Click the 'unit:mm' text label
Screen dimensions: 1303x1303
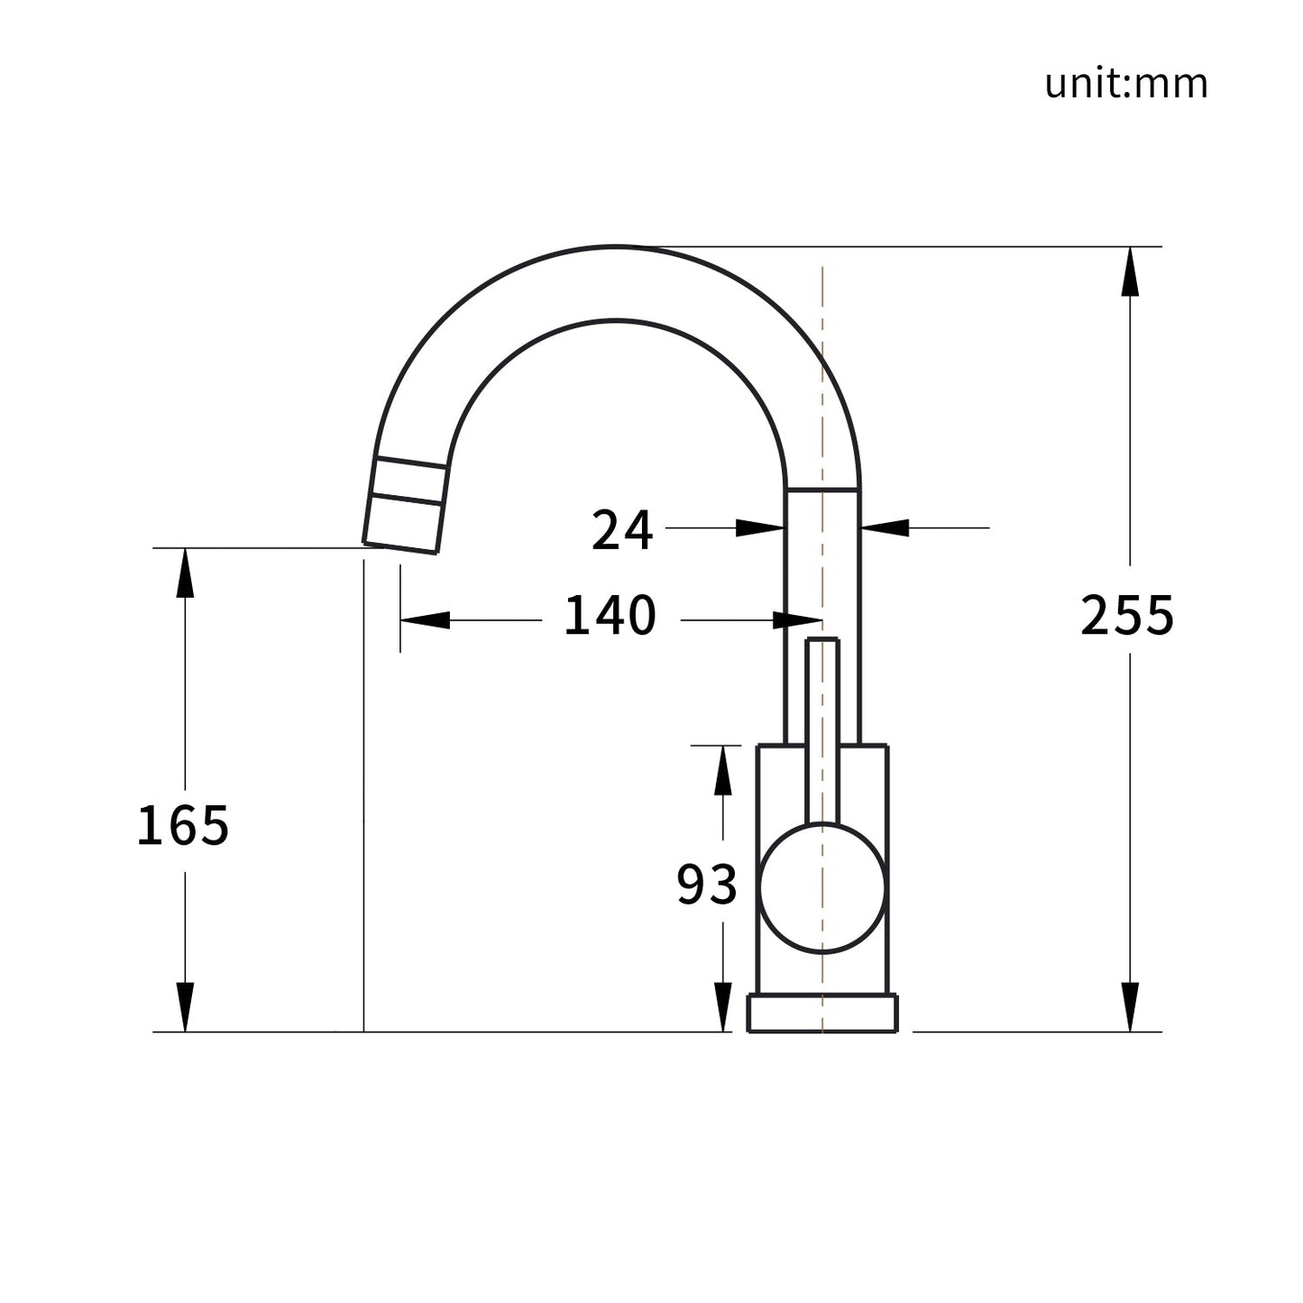[1126, 84]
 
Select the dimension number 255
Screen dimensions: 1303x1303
[1127, 615]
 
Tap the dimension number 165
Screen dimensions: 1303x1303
[183, 826]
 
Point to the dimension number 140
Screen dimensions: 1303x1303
[610, 615]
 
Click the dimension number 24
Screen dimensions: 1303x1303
[622, 531]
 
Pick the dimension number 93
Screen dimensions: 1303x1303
[707, 885]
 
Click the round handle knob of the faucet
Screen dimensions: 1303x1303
[822, 888]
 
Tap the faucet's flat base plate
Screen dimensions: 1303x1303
[822, 1013]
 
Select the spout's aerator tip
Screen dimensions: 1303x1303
[405, 505]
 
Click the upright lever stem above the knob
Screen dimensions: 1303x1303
[822, 731]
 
